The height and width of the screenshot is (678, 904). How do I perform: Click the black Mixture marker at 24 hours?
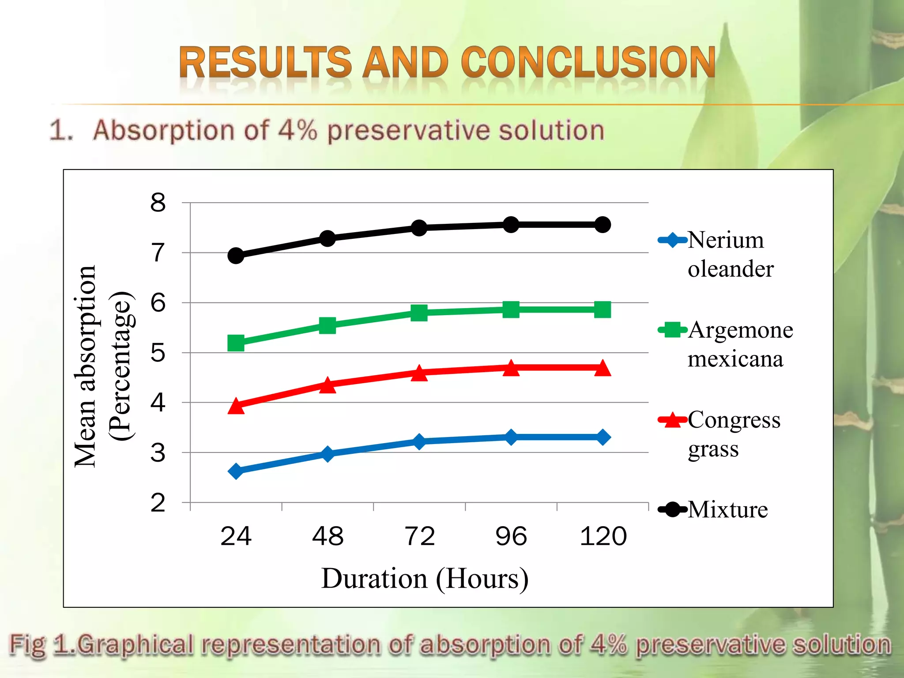236,255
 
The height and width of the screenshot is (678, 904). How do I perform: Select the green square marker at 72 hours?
419,313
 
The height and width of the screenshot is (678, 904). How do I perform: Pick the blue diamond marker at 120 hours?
603,437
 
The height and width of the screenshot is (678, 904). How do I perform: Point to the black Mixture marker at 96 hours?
511,225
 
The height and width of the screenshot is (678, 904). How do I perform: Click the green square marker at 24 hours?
236,343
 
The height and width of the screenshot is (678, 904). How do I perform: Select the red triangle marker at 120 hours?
603,368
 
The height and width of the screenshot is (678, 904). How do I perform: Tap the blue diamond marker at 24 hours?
236,471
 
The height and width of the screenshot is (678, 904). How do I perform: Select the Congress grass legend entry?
728,433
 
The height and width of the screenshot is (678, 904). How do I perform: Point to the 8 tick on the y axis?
158,203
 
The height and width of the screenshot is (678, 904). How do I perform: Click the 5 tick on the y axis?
158,353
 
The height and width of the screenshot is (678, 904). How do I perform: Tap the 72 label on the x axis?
419,536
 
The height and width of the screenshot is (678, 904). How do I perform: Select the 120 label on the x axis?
603,536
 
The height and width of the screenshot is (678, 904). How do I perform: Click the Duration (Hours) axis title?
425,578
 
